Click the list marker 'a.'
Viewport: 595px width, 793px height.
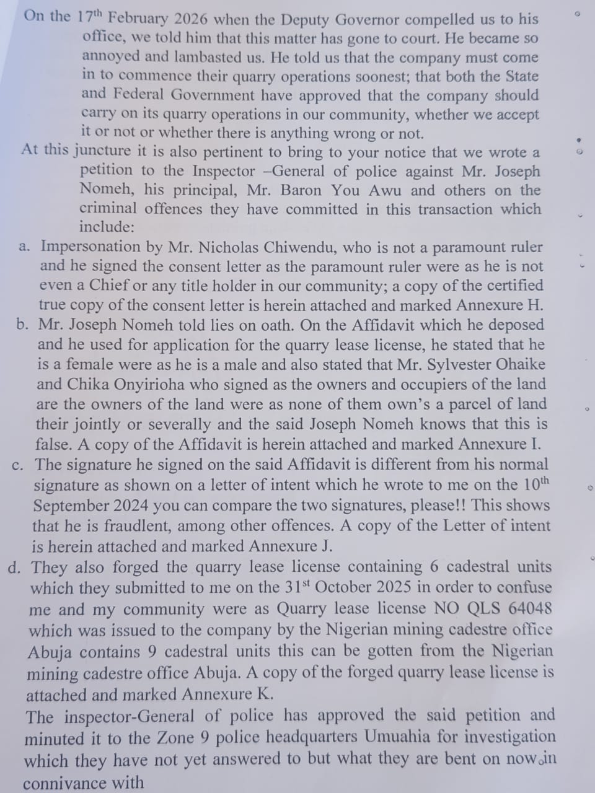coord(24,247)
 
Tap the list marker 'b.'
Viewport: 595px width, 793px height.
coord(24,325)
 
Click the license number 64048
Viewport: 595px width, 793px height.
coord(529,608)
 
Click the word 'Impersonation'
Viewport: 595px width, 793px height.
coord(90,247)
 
